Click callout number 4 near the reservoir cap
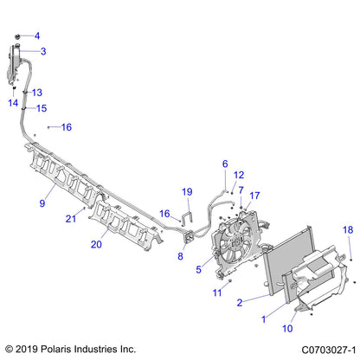click(x=36, y=36)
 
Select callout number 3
click(x=43, y=52)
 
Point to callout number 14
click(x=13, y=102)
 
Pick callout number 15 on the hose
click(x=41, y=108)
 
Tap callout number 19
click(x=186, y=191)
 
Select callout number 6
click(x=225, y=164)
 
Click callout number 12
click(x=240, y=175)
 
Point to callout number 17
click(x=254, y=196)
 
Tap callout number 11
click(x=218, y=293)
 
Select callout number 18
click(x=348, y=229)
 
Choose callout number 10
click(x=287, y=329)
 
